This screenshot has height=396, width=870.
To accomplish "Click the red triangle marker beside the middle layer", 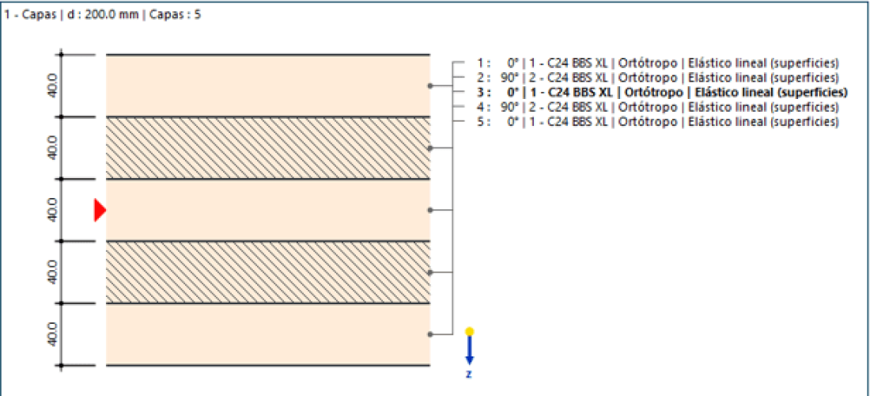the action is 100,210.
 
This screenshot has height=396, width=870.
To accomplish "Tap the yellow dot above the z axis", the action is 469,332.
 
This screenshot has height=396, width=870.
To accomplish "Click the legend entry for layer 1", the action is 657,63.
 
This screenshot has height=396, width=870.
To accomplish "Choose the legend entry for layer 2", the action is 657,78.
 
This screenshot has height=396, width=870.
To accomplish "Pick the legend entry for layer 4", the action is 657,107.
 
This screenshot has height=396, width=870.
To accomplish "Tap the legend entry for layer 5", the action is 657,122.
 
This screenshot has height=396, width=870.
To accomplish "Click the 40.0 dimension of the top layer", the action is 52,86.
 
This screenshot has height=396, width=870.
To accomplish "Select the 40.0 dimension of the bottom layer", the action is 52,334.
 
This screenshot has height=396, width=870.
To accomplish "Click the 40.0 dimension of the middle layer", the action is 52,210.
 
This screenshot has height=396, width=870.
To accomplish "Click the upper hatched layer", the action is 268,148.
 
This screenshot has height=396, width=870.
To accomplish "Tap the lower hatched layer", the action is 268,272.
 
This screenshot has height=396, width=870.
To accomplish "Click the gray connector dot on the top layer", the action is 429,86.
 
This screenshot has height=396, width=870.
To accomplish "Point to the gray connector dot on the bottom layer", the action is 429,334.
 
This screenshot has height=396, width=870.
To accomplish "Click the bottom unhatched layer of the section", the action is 268,334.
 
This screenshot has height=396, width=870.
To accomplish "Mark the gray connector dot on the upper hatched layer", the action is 429,148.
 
